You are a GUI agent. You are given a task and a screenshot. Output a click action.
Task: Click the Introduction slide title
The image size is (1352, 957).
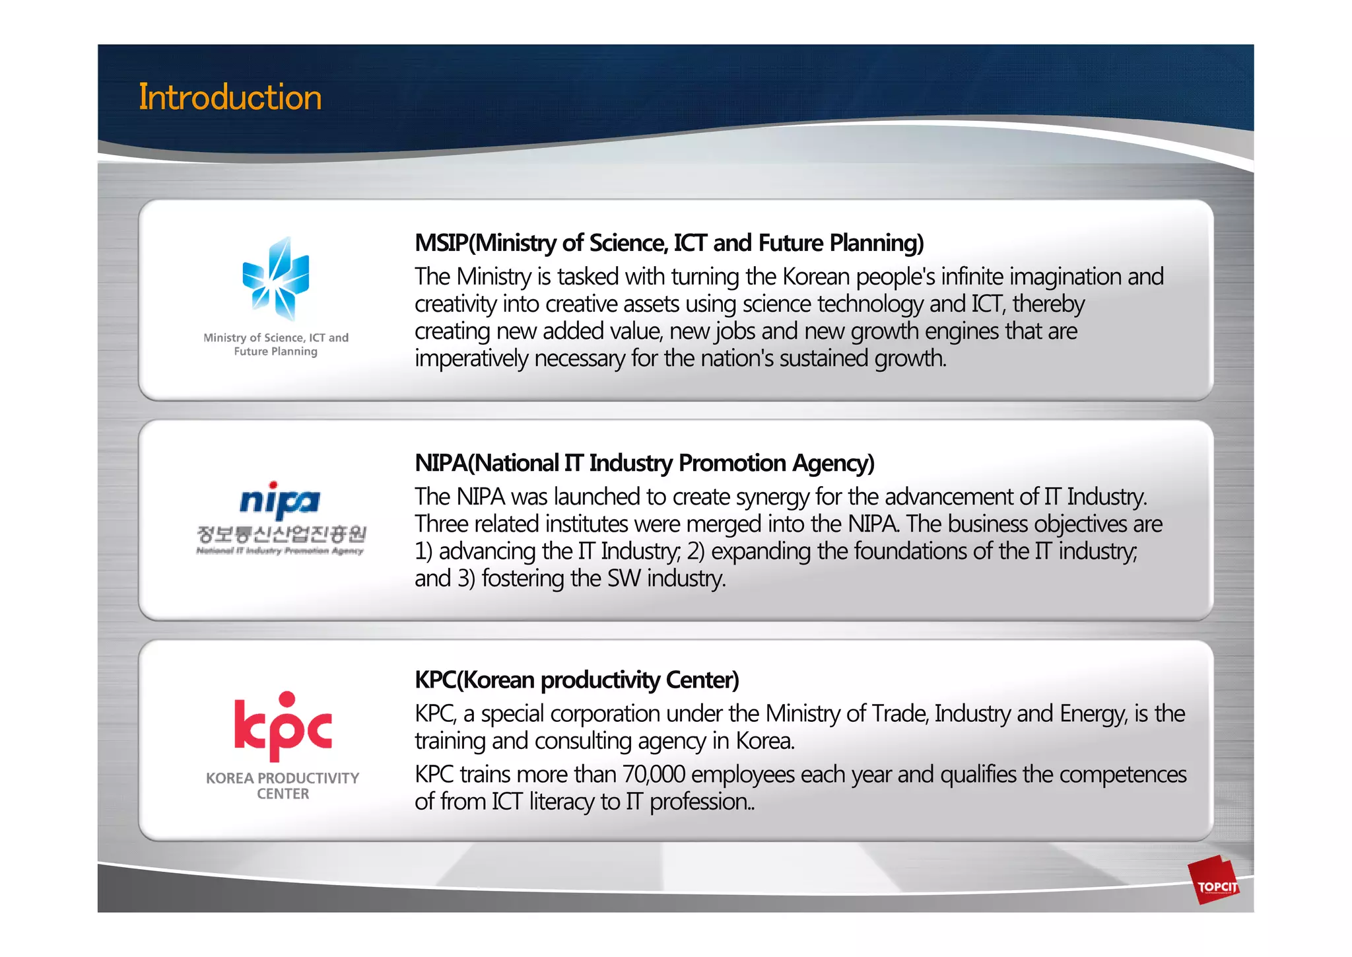[230, 97]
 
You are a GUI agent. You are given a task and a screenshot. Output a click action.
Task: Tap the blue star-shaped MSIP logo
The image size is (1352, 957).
[276, 279]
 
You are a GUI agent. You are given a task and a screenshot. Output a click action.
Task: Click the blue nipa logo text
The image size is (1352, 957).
[280, 501]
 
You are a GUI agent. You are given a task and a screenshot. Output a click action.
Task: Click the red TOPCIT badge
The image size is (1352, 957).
[1217, 882]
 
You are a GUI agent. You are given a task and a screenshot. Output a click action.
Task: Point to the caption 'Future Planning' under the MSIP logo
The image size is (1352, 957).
[275, 351]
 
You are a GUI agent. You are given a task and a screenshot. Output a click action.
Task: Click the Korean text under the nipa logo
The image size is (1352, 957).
[281, 534]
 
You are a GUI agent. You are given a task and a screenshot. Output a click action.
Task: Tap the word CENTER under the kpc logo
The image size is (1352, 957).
[283, 794]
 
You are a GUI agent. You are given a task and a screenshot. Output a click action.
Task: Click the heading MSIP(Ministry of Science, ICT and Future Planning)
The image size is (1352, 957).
[669, 243]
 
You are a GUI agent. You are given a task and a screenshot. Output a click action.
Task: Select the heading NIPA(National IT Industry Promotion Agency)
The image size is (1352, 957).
[644, 463]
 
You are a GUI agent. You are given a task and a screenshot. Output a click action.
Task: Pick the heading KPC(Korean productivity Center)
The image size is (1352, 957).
[576, 680]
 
